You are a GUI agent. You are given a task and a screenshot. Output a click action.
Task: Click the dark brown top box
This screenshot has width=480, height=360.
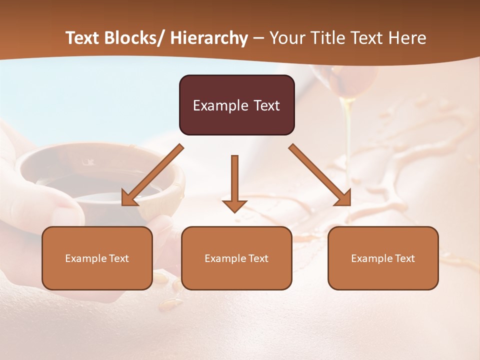(236, 105)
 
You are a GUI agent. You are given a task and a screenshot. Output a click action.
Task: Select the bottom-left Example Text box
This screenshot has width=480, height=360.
(97, 258)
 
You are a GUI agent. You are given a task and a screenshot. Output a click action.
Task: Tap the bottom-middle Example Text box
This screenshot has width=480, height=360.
(236, 258)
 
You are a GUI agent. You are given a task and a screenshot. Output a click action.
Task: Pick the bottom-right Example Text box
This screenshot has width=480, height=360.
(383, 258)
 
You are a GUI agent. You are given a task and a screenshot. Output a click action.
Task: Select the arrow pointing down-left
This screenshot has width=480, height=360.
(152, 175)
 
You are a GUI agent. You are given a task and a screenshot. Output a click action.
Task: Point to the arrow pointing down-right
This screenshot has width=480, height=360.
(320, 175)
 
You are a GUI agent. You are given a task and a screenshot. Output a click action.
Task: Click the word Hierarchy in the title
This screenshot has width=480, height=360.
(209, 38)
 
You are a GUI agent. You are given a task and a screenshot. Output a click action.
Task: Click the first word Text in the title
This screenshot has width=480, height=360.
(83, 38)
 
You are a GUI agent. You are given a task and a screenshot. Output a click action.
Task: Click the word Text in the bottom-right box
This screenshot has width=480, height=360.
(404, 258)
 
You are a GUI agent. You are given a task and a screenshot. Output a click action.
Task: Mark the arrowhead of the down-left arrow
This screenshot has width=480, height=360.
(129, 198)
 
